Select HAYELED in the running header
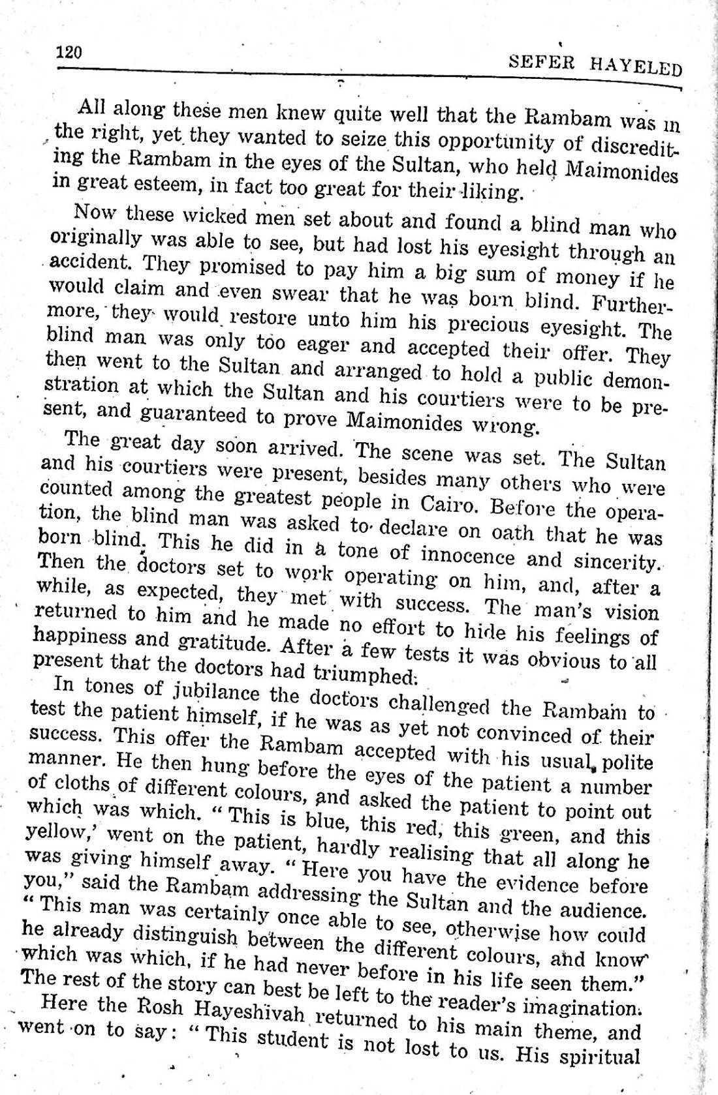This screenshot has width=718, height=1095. pyautogui.click(x=635, y=67)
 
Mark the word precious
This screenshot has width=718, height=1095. pyautogui.click(x=491, y=325)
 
